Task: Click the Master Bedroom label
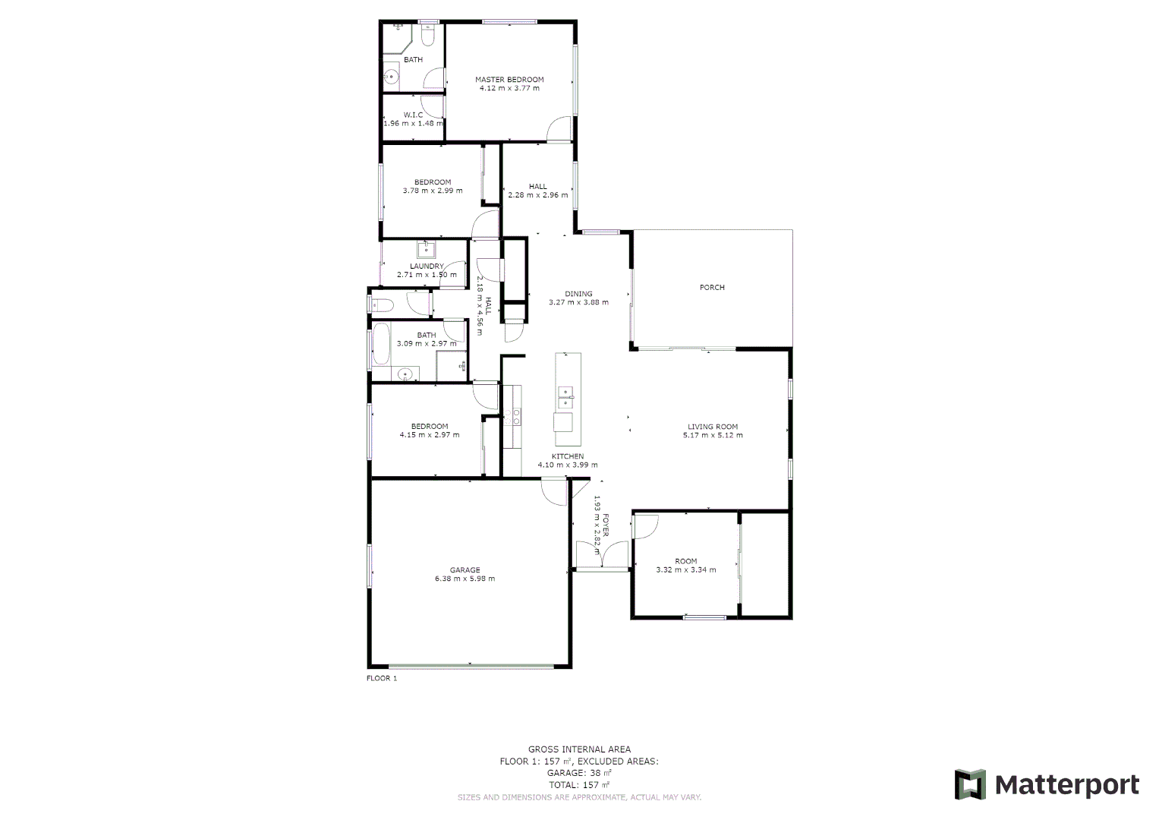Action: [x=509, y=80]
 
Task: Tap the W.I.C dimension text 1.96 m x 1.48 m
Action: [x=413, y=123]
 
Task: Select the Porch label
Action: [x=712, y=288]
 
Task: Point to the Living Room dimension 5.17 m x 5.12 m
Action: [x=713, y=436]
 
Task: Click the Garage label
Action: [x=465, y=570]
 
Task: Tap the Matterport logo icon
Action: [x=969, y=784]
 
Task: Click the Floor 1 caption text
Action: [x=382, y=679]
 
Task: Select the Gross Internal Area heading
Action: [x=579, y=749]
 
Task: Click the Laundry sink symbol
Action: [x=425, y=249]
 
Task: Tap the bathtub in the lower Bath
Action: [x=380, y=345]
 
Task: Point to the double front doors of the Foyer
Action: [x=601, y=555]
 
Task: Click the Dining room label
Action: [x=578, y=294]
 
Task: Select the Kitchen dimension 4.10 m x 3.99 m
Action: [x=568, y=465]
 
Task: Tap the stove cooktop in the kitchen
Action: [x=512, y=416]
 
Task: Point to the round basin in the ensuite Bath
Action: [x=392, y=76]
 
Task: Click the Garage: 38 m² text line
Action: [x=579, y=773]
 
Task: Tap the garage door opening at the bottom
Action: [x=471, y=667]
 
